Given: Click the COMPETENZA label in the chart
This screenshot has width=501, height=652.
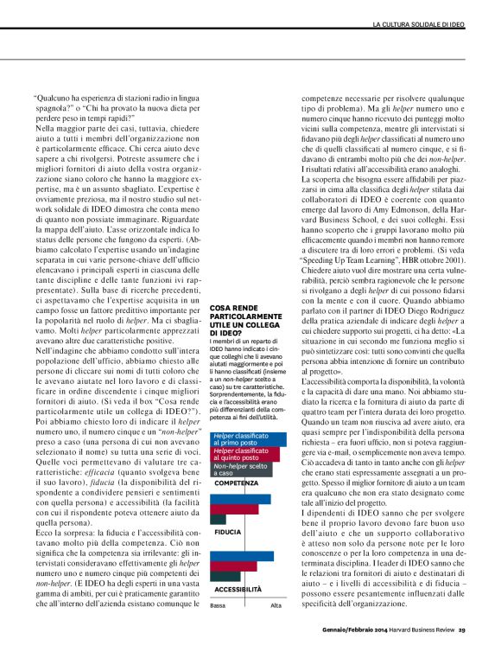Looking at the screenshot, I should (x=238, y=483).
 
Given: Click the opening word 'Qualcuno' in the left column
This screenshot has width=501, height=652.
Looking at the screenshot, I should (x=57, y=98).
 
